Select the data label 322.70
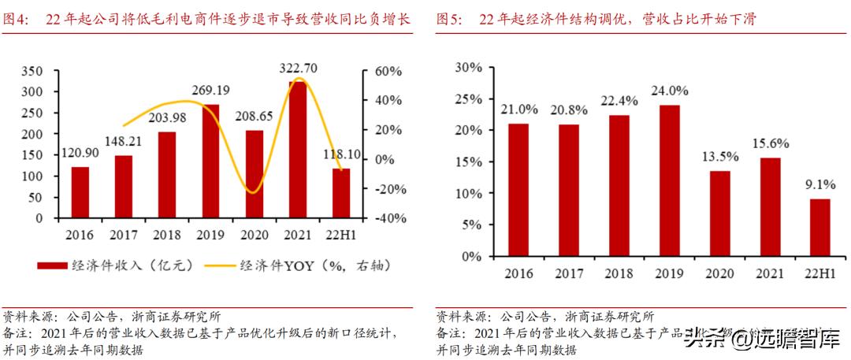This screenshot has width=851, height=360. pyautogui.click(x=299, y=68)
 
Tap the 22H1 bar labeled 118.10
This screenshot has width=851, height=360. pyautogui.click(x=340, y=193)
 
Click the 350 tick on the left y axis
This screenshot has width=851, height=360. pyautogui.click(x=30, y=71)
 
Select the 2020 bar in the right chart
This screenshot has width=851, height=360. pyautogui.click(x=719, y=213)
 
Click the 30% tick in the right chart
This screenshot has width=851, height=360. pyautogui.click(x=466, y=67)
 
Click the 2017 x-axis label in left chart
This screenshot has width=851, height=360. pyautogui.click(x=124, y=236)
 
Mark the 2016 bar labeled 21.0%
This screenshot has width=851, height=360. pyautogui.click(x=518, y=190)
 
